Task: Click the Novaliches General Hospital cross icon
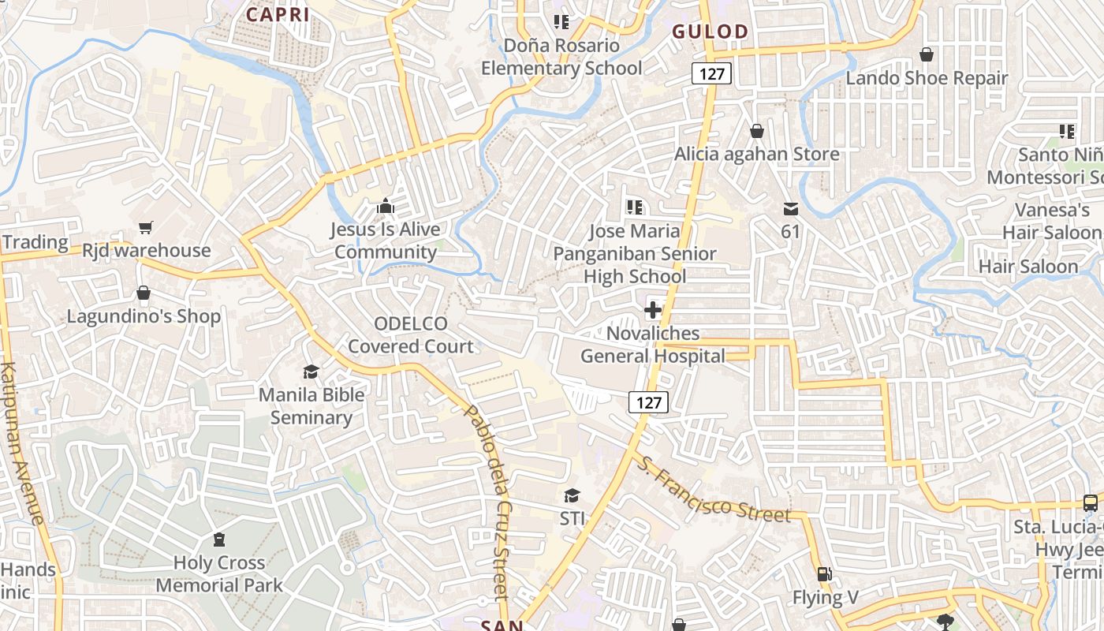coord(653,310)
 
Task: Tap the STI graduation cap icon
coord(572,495)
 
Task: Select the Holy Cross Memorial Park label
coord(219,574)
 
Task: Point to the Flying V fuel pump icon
coord(824,574)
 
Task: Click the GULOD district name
coord(710,32)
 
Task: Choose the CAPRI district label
coord(278,14)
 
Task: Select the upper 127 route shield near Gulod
coord(712,74)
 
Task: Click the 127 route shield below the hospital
coord(648,402)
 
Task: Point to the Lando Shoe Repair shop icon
coord(927,54)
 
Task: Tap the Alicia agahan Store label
coord(756,154)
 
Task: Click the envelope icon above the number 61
coord(790,209)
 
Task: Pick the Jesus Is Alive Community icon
coord(386,207)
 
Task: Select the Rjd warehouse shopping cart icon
coord(145,228)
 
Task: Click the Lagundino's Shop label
coord(144,316)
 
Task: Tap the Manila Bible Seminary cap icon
coord(311,371)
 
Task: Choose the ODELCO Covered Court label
coord(411,335)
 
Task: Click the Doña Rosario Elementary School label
coord(561,57)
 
